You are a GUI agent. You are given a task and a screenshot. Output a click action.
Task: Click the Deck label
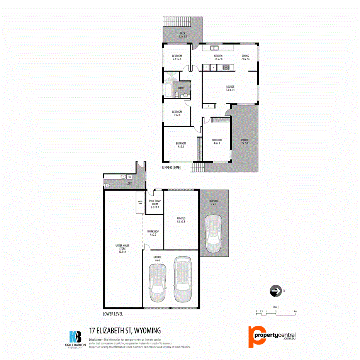(183, 35)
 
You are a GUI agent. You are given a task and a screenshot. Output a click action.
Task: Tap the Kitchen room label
(218, 58)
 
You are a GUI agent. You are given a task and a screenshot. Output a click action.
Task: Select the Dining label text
(245, 58)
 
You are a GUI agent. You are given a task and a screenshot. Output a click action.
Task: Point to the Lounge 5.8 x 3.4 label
(230, 88)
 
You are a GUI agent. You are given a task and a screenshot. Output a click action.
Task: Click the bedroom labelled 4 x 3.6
(181, 145)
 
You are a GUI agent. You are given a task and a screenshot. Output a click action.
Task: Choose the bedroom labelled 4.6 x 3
(216, 141)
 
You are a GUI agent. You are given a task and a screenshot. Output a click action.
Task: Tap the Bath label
(181, 88)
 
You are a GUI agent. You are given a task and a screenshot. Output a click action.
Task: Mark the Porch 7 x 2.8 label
(244, 141)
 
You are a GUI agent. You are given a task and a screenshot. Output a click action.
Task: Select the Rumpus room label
(181, 220)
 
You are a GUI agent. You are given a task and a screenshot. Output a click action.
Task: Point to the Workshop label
(153, 233)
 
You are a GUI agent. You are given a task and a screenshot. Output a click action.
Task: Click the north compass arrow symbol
(275, 291)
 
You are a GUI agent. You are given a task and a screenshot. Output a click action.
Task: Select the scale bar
(276, 313)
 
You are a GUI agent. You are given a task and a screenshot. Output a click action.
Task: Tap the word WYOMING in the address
(148, 331)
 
